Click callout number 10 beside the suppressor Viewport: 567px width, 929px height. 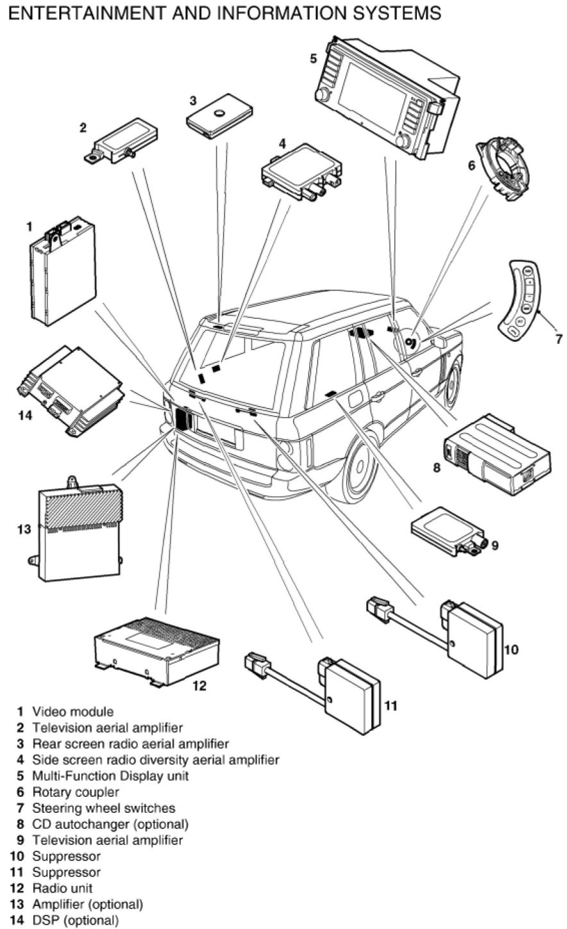point(511,649)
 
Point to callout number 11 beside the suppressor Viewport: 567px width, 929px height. point(391,706)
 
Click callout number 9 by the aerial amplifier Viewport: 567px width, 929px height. point(495,545)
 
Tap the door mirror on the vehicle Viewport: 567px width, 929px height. point(440,342)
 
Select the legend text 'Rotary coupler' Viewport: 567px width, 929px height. point(76,792)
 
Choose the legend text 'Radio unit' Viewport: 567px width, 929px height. point(62,888)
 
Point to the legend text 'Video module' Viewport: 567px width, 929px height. point(72,712)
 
